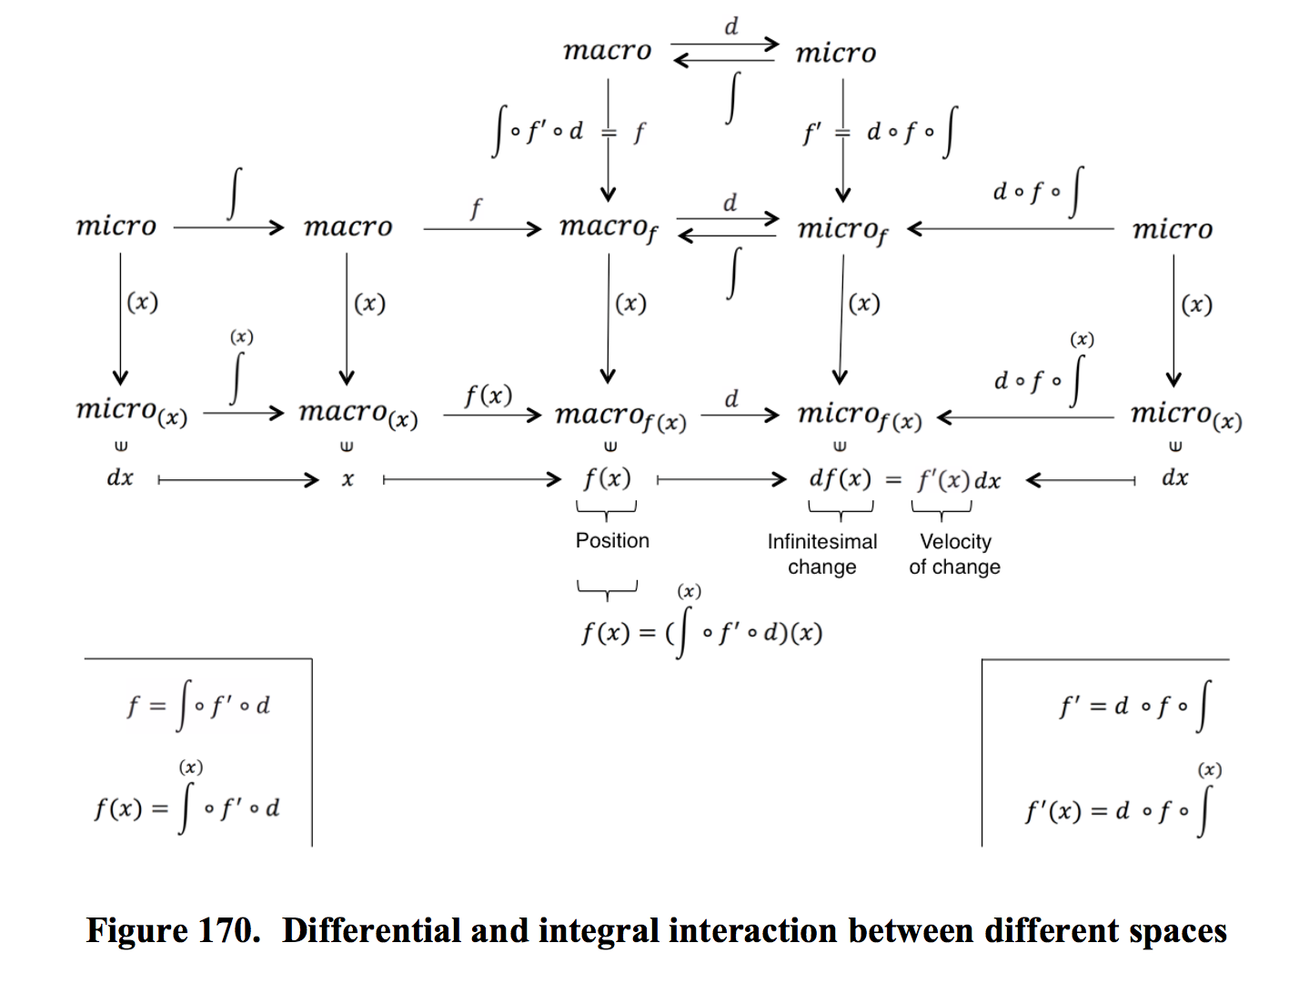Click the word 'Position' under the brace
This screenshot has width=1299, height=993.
coord(612,540)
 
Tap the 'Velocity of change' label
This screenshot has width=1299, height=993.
coord(954,554)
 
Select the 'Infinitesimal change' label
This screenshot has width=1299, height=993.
coord(821,554)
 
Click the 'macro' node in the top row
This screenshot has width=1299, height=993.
coord(607,50)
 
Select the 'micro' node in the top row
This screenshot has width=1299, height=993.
coord(835,53)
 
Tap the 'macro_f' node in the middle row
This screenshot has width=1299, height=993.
coord(608,227)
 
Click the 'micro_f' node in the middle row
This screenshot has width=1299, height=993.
coord(842,229)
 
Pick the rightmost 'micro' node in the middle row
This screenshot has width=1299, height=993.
coord(1172,229)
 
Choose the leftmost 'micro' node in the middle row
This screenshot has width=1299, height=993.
coord(116,226)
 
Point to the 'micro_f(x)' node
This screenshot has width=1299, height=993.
coord(859,416)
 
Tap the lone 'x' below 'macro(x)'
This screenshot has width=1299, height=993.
coord(347,479)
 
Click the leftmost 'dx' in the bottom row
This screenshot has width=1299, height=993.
coord(120,477)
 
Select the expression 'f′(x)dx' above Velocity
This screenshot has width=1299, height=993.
coord(959,479)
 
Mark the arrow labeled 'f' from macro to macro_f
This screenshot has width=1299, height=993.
coord(481,228)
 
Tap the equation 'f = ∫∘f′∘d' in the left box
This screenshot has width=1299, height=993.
coord(198,706)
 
